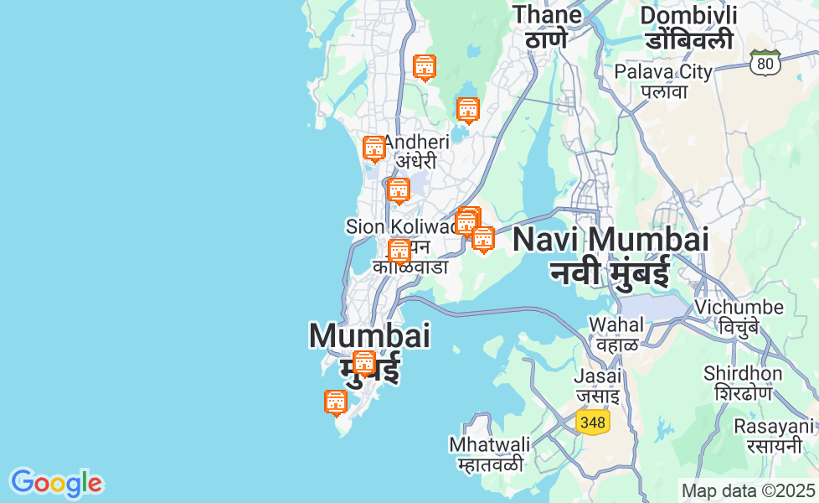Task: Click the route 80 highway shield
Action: pyautogui.click(x=765, y=62)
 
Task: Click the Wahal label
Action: pyautogui.click(x=617, y=334)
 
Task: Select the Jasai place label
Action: pyautogui.click(x=597, y=385)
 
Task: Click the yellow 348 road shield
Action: pyautogui.click(x=592, y=422)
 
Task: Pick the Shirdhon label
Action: pyautogui.click(x=743, y=382)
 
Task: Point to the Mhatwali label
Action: pyautogui.click(x=490, y=453)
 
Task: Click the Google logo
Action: pyautogui.click(x=56, y=483)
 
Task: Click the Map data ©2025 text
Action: pyautogui.click(x=748, y=490)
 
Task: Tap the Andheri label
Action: pyautogui.click(x=416, y=151)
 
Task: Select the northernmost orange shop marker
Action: pyautogui.click(x=425, y=67)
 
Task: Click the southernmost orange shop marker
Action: pyautogui.click(x=336, y=402)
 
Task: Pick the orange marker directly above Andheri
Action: pyautogui.click(x=374, y=148)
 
